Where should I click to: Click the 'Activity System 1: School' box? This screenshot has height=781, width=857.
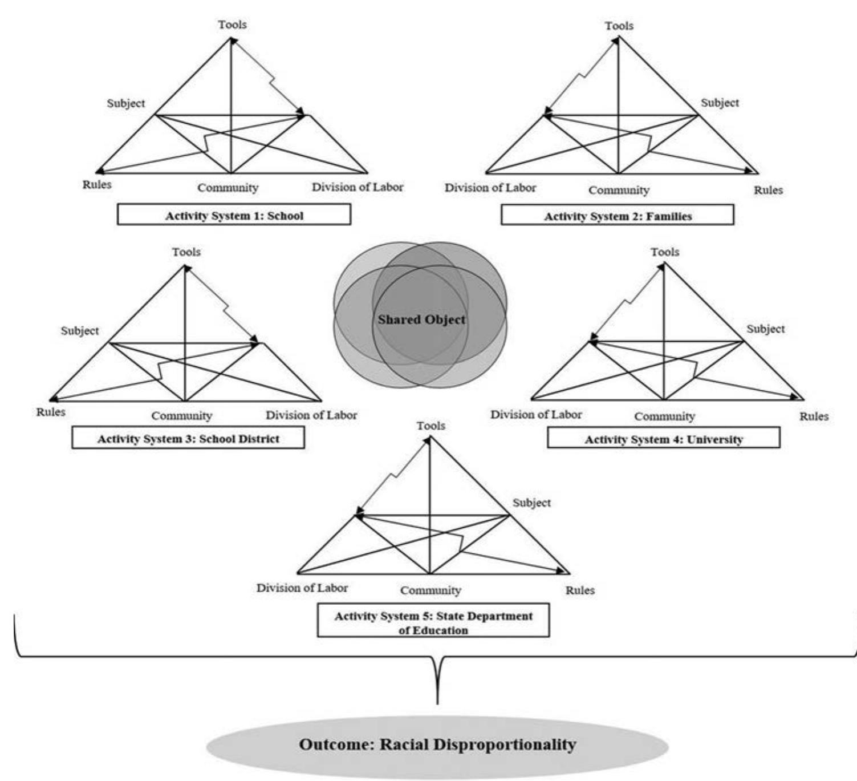[x=234, y=215]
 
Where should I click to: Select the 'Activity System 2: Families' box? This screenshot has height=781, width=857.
[x=618, y=216]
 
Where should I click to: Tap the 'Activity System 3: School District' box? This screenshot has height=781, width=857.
[x=188, y=438]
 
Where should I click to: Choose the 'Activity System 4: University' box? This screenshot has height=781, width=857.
[x=663, y=439]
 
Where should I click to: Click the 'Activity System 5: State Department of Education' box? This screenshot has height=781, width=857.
[x=433, y=622]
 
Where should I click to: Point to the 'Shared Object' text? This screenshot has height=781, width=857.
[x=421, y=319]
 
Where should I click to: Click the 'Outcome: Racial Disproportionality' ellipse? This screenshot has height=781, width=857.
[x=437, y=744]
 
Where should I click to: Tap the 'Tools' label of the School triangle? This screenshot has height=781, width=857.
[x=232, y=25]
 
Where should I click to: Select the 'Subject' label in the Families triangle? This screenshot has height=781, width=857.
[x=720, y=103]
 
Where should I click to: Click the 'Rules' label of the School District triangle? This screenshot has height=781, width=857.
[x=51, y=412]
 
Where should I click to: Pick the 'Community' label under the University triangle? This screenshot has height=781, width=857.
[x=664, y=416]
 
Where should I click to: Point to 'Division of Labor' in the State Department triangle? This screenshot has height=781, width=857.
[x=302, y=588]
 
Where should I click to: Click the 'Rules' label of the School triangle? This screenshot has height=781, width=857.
[x=97, y=184]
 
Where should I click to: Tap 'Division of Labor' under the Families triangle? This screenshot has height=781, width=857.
[x=490, y=188]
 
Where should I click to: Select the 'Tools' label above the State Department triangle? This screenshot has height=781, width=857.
[x=430, y=426]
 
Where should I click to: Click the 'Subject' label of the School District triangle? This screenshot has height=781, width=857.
[x=80, y=330]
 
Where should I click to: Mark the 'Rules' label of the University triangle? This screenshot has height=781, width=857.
[x=814, y=416]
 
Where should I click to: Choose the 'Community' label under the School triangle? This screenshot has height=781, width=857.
[x=228, y=187]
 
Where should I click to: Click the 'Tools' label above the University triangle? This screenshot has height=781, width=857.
[x=665, y=252]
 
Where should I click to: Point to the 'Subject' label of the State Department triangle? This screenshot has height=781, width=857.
[x=531, y=503]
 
